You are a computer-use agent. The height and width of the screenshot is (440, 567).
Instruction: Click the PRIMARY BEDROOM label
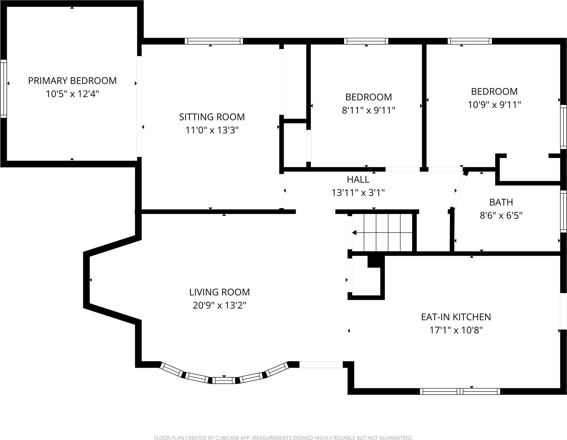[72, 81]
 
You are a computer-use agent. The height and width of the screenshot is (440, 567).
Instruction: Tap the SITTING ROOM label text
[212, 117]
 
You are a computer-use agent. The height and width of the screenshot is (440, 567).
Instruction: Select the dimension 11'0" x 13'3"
[212, 130]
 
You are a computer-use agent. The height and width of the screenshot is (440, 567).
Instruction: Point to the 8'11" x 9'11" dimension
[368, 110]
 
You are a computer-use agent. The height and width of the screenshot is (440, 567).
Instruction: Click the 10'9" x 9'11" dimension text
[494, 105]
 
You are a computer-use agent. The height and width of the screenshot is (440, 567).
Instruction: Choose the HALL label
[358, 180]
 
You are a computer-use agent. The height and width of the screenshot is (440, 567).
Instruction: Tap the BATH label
[501, 202]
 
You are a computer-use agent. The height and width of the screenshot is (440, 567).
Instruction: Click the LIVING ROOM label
[219, 292]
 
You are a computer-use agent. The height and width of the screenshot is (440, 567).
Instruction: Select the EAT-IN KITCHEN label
[456, 317]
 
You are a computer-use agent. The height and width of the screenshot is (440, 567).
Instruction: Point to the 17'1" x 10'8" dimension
[456, 330]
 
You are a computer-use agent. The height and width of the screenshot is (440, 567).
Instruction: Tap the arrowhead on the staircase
[354, 233]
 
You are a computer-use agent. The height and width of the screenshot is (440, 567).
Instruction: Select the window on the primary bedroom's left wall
[3, 89]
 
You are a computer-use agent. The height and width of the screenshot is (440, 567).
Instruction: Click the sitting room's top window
[214, 41]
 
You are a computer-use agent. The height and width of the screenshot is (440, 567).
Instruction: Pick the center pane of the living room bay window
[223, 380]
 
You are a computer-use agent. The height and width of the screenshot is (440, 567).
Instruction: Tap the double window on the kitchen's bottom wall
[460, 391]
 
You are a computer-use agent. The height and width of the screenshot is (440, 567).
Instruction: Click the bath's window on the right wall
[563, 211]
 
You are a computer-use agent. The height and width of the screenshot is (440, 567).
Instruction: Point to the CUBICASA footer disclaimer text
[283, 438]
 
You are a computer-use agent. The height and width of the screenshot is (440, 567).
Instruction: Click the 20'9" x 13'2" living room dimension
[219, 305]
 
